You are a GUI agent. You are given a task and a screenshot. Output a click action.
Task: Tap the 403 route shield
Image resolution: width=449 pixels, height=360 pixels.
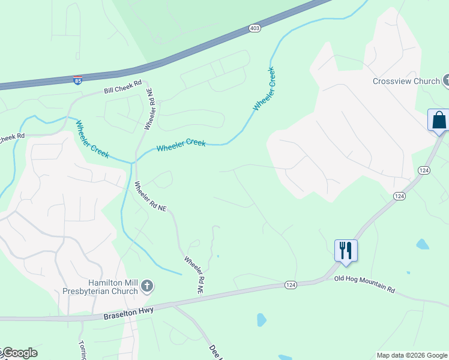[255, 28]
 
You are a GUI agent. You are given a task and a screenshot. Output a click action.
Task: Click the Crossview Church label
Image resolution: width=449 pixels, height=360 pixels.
[405, 81]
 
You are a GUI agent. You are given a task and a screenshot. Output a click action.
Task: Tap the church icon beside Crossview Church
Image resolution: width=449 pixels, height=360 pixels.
[447, 80]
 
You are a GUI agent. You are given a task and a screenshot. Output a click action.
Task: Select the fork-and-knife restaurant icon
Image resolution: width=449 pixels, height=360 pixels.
[346, 250]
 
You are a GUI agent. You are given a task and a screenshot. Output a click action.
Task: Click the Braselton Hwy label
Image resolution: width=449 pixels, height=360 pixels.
[128, 312]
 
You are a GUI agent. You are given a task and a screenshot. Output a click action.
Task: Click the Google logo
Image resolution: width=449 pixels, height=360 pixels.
[19, 353]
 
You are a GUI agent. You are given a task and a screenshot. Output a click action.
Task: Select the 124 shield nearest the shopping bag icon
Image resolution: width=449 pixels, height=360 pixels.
[424, 171]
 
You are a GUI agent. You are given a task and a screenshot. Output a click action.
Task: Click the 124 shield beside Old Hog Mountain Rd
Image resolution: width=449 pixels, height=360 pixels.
[291, 284]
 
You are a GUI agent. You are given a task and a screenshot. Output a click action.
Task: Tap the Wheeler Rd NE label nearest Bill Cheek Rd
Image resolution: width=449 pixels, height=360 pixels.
[149, 109]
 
